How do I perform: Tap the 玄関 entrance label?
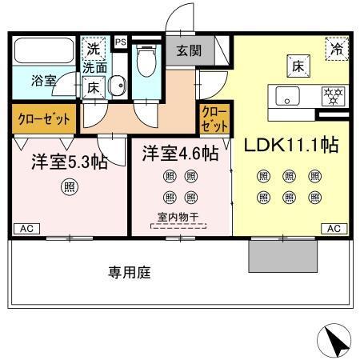pyautogui.click(x=189, y=50)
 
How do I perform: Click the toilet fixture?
pyautogui.click(x=146, y=60)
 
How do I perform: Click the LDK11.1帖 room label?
pyautogui.click(x=290, y=146)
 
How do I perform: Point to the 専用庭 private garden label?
pyautogui.click(x=130, y=272)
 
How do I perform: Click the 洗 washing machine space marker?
pyautogui.click(x=94, y=49)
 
